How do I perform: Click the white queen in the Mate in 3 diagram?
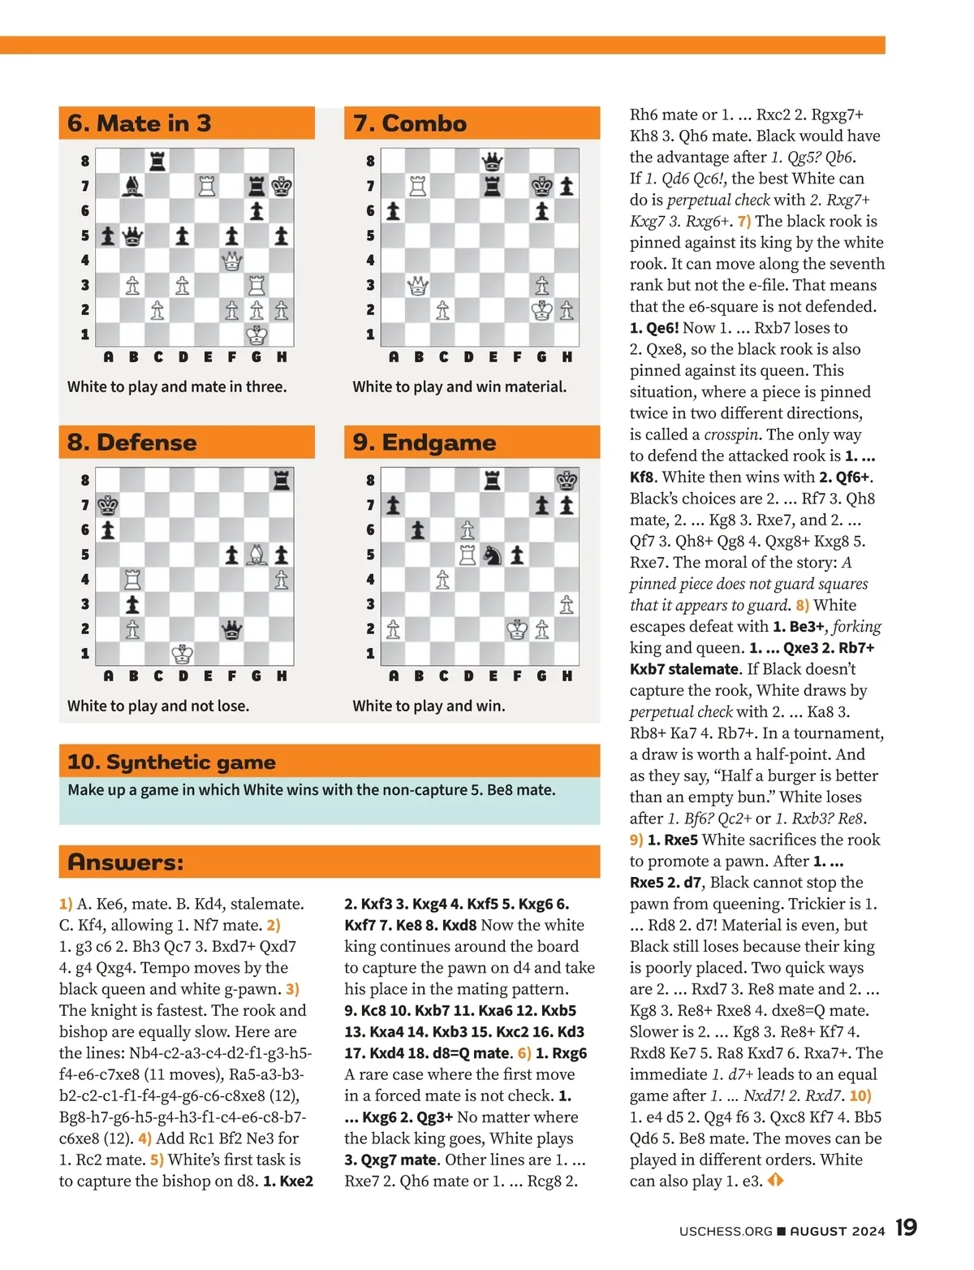click(232, 261)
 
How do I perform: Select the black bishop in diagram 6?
click(132, 187)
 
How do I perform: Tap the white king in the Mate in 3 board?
click(257, 335)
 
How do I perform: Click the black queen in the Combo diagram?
click(492, 162)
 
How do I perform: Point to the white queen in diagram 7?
click(418, 286)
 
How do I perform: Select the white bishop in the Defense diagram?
click(257, 555)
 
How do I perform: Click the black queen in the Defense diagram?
click(232, 629)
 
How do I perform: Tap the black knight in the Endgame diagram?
click(492, 555)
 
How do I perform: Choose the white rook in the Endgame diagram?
click(468, 555)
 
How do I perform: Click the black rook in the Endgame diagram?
click(492, 481)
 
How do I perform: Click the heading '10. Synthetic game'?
click(171, 762)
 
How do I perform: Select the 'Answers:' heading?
click(126, 862)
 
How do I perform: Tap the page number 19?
click(906, 1227)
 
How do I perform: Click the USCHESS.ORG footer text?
click(726, 1231)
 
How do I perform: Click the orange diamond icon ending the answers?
click(775, 1181)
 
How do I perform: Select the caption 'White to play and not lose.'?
click(158, 706)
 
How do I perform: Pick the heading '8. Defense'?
click(132, 443)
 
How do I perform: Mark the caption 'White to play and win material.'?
click(459, 387)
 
